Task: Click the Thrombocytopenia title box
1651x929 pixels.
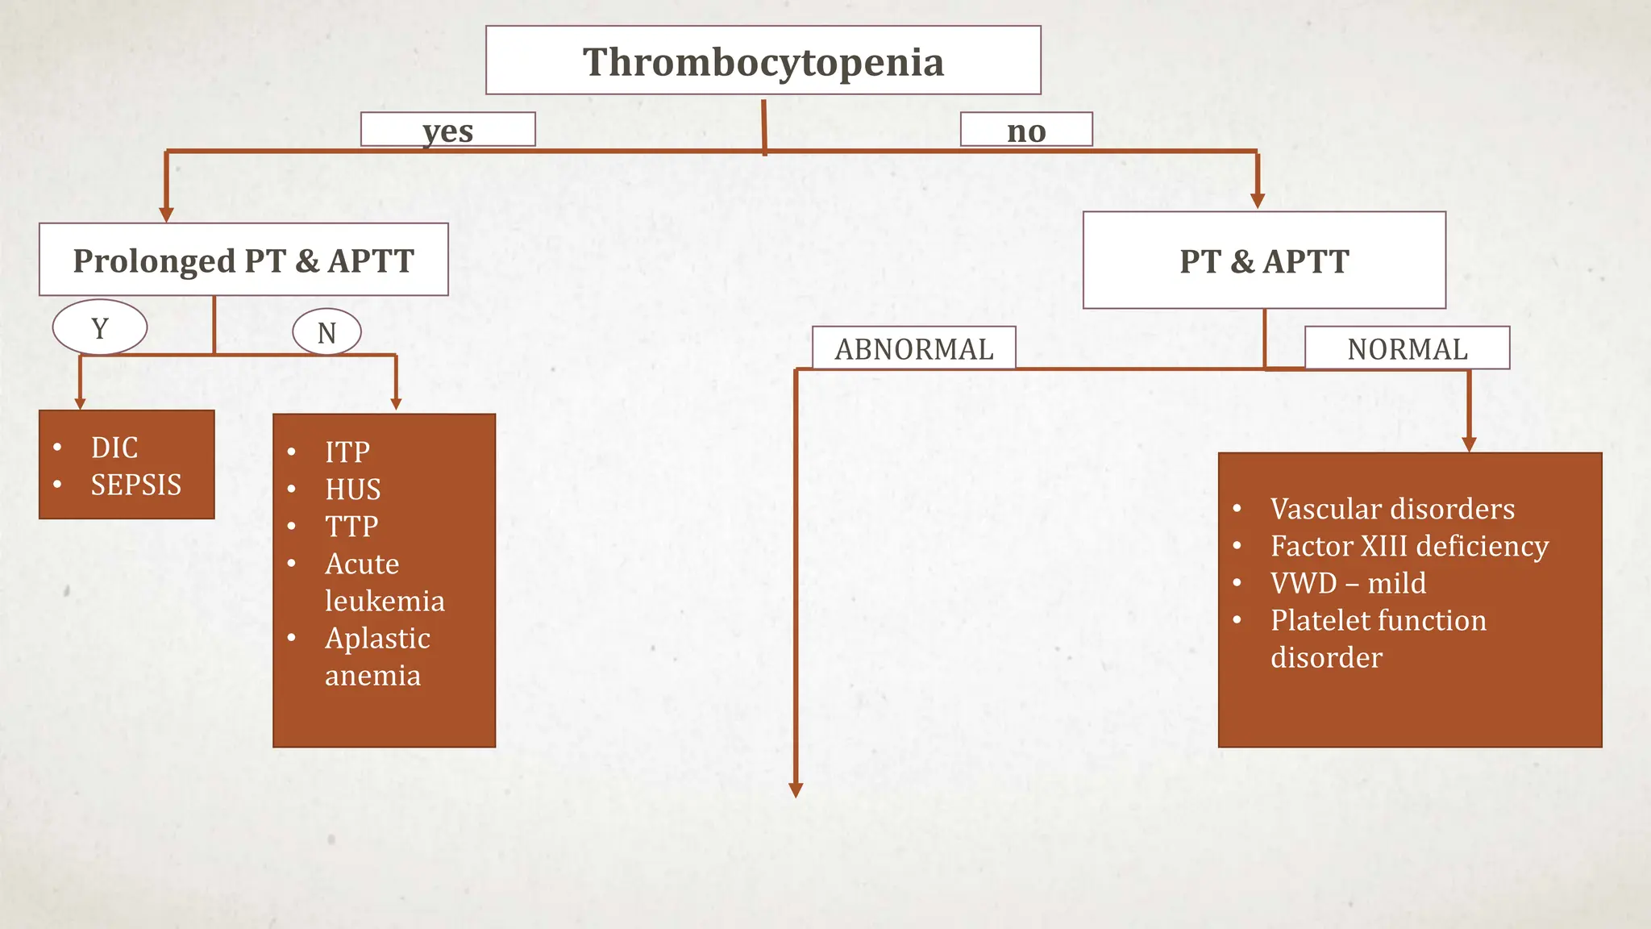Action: click(x=763, y=61)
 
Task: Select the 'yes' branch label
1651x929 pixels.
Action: click(x=447, y=130)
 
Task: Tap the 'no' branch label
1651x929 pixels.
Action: click(x=1025, y=130)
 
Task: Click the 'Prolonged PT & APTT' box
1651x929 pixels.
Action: click(x=243, y=260)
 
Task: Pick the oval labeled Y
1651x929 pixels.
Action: click(x=100, y=328)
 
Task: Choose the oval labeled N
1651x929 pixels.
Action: click(x=326, y=332)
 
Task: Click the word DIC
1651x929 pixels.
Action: click(x=114, y=448)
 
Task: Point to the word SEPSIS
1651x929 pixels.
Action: click(x=135, y=485)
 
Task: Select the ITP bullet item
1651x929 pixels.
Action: click(x=347, y=452)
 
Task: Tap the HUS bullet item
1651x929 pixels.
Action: click(x=352, y=489)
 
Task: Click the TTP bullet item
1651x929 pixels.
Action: click(x=351, y=526)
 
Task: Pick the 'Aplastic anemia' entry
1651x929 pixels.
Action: click(x=376, y=656)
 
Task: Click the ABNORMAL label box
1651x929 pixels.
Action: click(x=913, y=348)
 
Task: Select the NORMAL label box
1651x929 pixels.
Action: click(x=1407, y=348)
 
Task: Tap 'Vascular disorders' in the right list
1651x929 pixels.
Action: click(x=1392, y=509)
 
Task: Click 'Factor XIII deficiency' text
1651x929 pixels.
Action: click(x=1409, y=546)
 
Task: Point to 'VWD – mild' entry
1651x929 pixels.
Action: click(x=1348, y=583)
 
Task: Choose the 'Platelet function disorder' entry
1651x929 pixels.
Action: click(x=1378, y=638)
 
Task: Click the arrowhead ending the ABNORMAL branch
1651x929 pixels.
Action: click(x=796, y=790)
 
